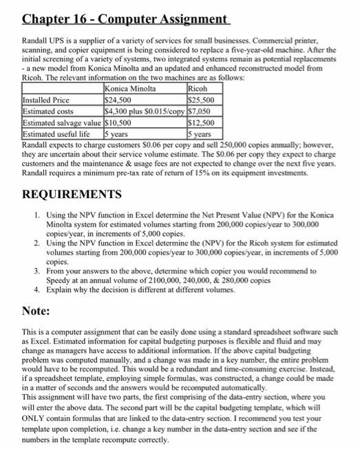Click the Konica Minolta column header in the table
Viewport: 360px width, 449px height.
coord(131,89)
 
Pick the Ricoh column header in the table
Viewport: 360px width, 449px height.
coord(197,89)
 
